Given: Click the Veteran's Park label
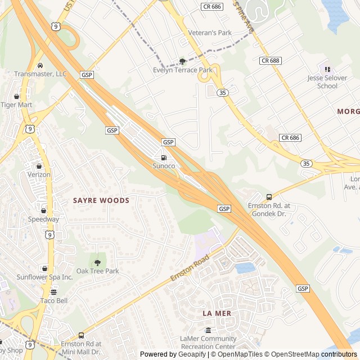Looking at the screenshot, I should (x=210, y=33).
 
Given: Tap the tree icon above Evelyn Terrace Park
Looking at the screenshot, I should (x=182, y=61).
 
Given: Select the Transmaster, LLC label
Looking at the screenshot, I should (x=40, y=74).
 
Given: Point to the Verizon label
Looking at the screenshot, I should (x=39, y=174).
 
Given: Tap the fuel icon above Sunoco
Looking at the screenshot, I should (x=164, y=158).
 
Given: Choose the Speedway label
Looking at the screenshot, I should (x=43, y=219).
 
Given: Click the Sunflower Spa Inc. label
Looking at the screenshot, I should (x=44, y=277).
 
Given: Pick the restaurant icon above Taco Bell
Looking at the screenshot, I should (x=54, y=292).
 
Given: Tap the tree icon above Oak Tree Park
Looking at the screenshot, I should (x=97, y=262).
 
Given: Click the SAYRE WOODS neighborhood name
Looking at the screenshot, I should (x=101, y=200).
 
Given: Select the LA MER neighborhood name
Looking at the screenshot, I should (x=217, y=313).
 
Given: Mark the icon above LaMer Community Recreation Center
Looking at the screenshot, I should (x=208, y=330).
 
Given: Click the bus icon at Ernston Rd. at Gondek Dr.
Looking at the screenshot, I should (x=269, y=197).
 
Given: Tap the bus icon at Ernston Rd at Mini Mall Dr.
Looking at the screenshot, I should (x=82, y=335).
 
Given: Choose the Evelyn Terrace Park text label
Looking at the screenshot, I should (x=183, y=70).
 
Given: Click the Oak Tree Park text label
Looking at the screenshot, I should (x=98, y=271).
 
